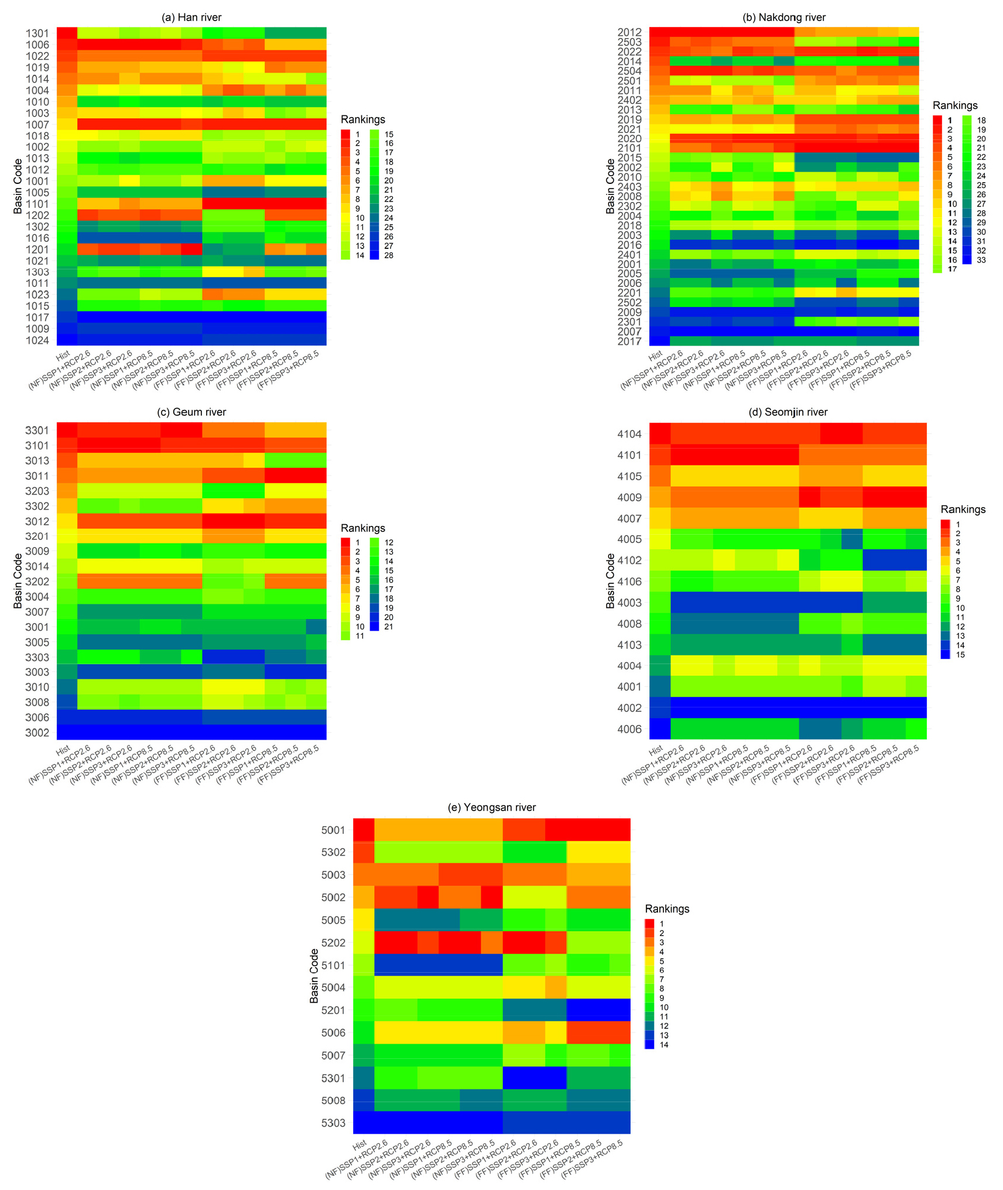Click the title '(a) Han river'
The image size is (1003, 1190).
tap(191, 18)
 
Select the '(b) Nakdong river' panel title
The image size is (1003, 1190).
tap(783, 18)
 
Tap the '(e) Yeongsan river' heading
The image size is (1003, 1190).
tap(491, 807)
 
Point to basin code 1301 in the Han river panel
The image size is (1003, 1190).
tap(37, 33)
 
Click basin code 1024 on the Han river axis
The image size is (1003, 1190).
tap(37, 340)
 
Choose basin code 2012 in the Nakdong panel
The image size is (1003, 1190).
tap(629, 32)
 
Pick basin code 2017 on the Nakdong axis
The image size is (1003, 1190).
tap(629, 341)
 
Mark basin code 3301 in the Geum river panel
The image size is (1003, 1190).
tap(37, 430)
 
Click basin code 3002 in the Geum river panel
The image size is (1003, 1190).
tap(37, 733)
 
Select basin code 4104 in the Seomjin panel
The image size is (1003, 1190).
tap(629, 434)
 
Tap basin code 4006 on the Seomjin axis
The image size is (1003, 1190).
tap(629, 729)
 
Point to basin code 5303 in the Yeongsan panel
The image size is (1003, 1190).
tap(333, 1123)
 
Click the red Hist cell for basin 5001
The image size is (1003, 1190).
tap(364, 829)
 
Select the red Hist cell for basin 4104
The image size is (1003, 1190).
tap(660, 434)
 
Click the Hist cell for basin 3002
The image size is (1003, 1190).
tap(67, 733)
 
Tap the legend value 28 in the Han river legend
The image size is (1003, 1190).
tap(389, 255)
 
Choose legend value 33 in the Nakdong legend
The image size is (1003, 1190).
tap(981, 260)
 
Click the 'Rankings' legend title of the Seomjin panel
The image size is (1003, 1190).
tap(963, 509)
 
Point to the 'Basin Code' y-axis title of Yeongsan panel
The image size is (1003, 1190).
tap(314, 976)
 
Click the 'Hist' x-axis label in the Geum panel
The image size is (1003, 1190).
tap(63, 749)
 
